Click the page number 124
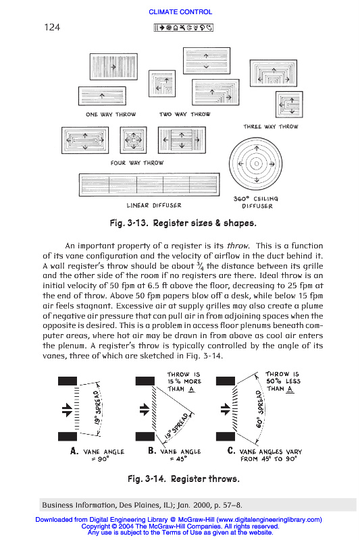pos(52,27)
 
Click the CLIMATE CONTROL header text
pos(180,11)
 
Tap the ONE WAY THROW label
pos(111,114)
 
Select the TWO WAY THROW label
pos(184,114)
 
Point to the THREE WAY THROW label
pos(271,126)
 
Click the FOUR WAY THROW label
pos(137,163)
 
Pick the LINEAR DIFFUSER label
pos(153,205)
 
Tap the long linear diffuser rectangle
pos(149,185)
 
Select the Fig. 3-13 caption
pos(183,223)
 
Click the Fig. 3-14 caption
pos(184,479)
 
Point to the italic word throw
pos(237,246)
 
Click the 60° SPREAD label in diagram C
pos(260,409)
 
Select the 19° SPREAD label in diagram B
pos(176,426)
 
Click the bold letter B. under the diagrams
pos(152,450)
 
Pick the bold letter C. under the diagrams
pos(232,450)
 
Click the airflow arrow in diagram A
pos(67,410)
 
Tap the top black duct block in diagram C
pos(226,381)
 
